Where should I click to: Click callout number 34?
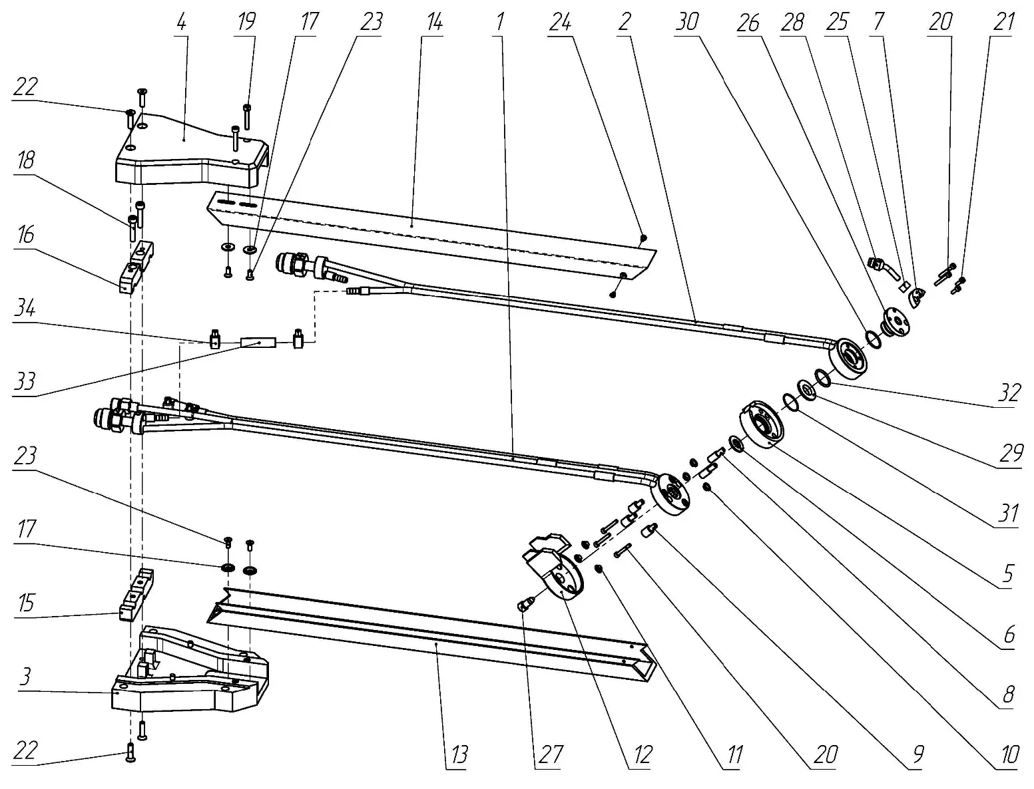[25, 309]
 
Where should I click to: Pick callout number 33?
[25, 383]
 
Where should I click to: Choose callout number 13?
[458, 755]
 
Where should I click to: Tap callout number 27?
[552, 755]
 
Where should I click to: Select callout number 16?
[25, 236]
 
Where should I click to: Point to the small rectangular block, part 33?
[258, 343]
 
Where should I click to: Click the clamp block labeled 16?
[136, 269]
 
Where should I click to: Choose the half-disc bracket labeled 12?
[556, 565]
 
